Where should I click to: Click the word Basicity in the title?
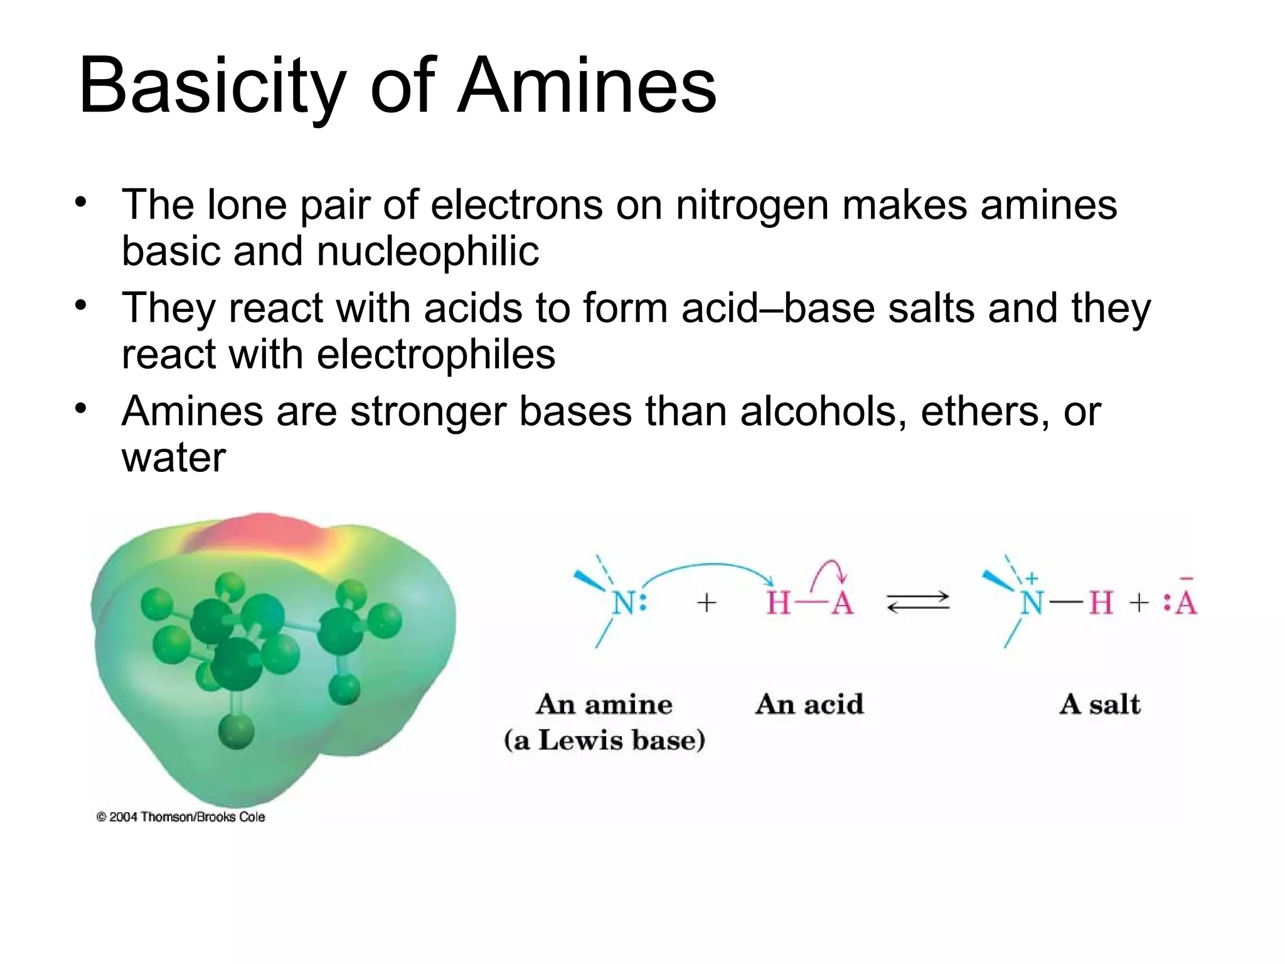point(212,87)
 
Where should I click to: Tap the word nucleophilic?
point(427,251)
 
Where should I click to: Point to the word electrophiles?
point(435,354)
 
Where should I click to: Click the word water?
point(173,458)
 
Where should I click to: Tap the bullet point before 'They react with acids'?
point(80,306)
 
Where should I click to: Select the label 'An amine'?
point(604,704)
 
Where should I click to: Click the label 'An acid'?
point(809,704)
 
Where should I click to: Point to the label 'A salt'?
point(1100,704)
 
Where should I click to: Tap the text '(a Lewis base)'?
point(604,740)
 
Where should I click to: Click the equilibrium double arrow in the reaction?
point(918,602)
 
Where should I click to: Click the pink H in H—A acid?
point(778,603)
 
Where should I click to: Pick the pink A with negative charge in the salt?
point(1186,602)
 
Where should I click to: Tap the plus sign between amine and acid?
point(706,603)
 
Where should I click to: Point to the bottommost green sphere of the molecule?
point(236,731)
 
